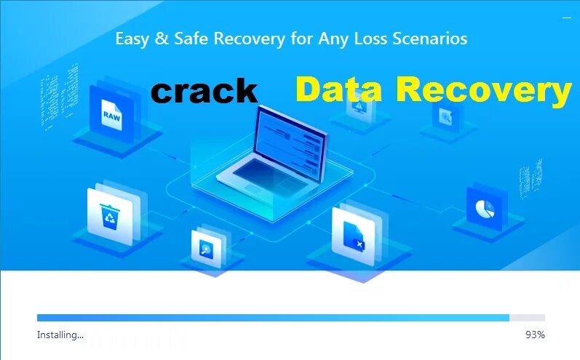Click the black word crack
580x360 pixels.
[x=204, y=92]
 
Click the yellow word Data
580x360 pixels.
[x=340, y=90]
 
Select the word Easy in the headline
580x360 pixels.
[x=132, y=39]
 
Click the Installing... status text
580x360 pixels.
[x=60, y=335]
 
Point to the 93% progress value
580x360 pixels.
[x=535, y=335]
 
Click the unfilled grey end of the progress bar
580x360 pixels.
[x=527, y=318]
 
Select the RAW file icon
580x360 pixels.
[x=112, y=115]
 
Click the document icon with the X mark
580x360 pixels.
[x=354, y=233]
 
